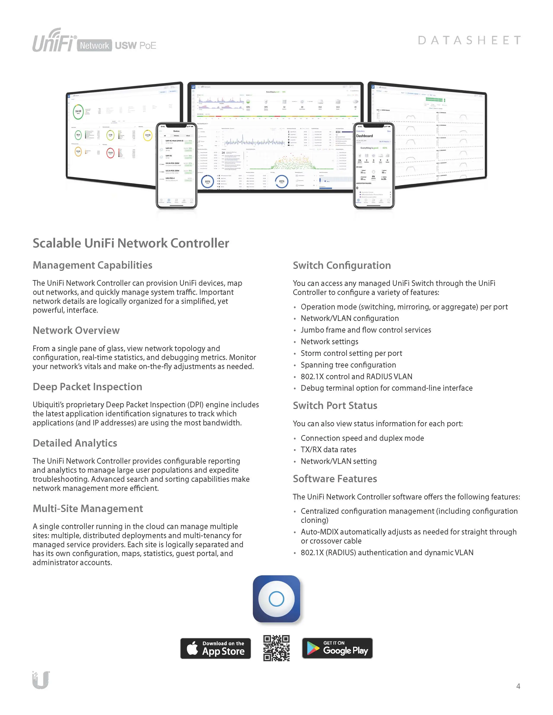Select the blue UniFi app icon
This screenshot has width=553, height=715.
[277, 599]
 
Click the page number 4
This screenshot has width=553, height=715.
[518, 686]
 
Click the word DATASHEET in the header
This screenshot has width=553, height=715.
[469, 40]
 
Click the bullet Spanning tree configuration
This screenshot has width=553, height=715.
[348, 365]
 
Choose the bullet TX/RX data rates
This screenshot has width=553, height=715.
[328, 450]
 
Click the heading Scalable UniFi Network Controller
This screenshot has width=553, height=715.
[131, 243]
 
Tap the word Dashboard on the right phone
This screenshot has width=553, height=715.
[364, 136]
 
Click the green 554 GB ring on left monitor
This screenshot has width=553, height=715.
[78, 112]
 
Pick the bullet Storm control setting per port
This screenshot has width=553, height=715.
[351, 353]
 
